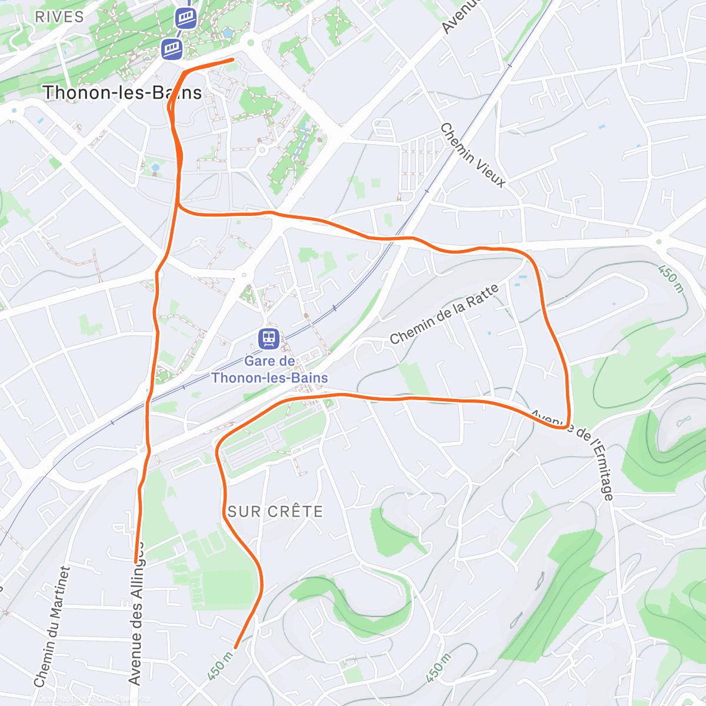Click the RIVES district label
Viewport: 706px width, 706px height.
59,17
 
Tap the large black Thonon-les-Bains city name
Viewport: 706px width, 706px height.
122,93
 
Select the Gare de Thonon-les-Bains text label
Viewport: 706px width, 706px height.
269,369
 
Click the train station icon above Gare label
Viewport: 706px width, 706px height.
268,338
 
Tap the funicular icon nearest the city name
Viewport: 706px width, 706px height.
172,48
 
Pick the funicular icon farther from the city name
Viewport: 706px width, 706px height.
186,18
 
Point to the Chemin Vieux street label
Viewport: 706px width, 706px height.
472,155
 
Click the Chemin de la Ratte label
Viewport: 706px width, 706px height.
444,314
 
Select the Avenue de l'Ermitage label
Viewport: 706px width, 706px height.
573,453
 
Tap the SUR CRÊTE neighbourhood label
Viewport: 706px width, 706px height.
275,512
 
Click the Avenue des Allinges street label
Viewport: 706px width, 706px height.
136,612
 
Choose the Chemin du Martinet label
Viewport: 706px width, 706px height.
52,627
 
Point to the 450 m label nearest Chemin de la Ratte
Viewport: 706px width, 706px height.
671,279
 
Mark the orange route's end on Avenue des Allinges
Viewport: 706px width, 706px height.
136,561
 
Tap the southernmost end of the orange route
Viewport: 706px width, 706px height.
236,647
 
